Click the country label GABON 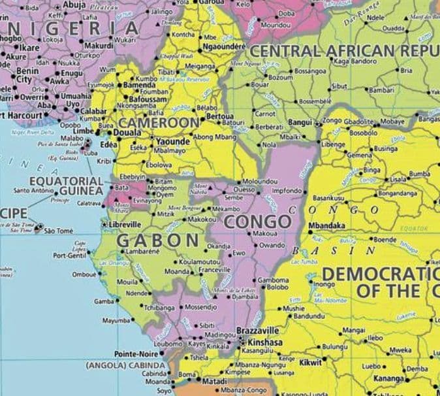(x=158, y=240)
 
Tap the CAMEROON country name (x=159, y=123)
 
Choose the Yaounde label (x=173, y=141)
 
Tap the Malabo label (x=72, y=139)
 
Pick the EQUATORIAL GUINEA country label (x=65, y=186)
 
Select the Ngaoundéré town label (x=224, y=47)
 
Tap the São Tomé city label (x=61, y=231)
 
